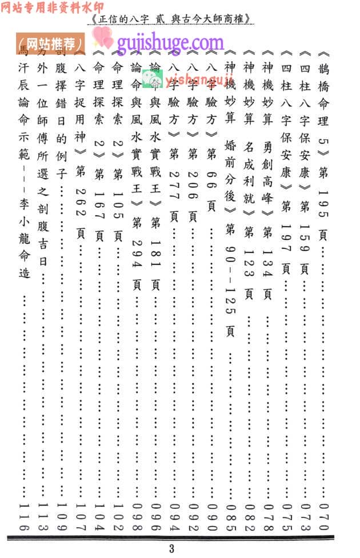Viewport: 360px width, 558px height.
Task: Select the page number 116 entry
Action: point(23,515)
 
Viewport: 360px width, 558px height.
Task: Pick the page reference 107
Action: point(80,515)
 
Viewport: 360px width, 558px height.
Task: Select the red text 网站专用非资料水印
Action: point(47,7)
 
